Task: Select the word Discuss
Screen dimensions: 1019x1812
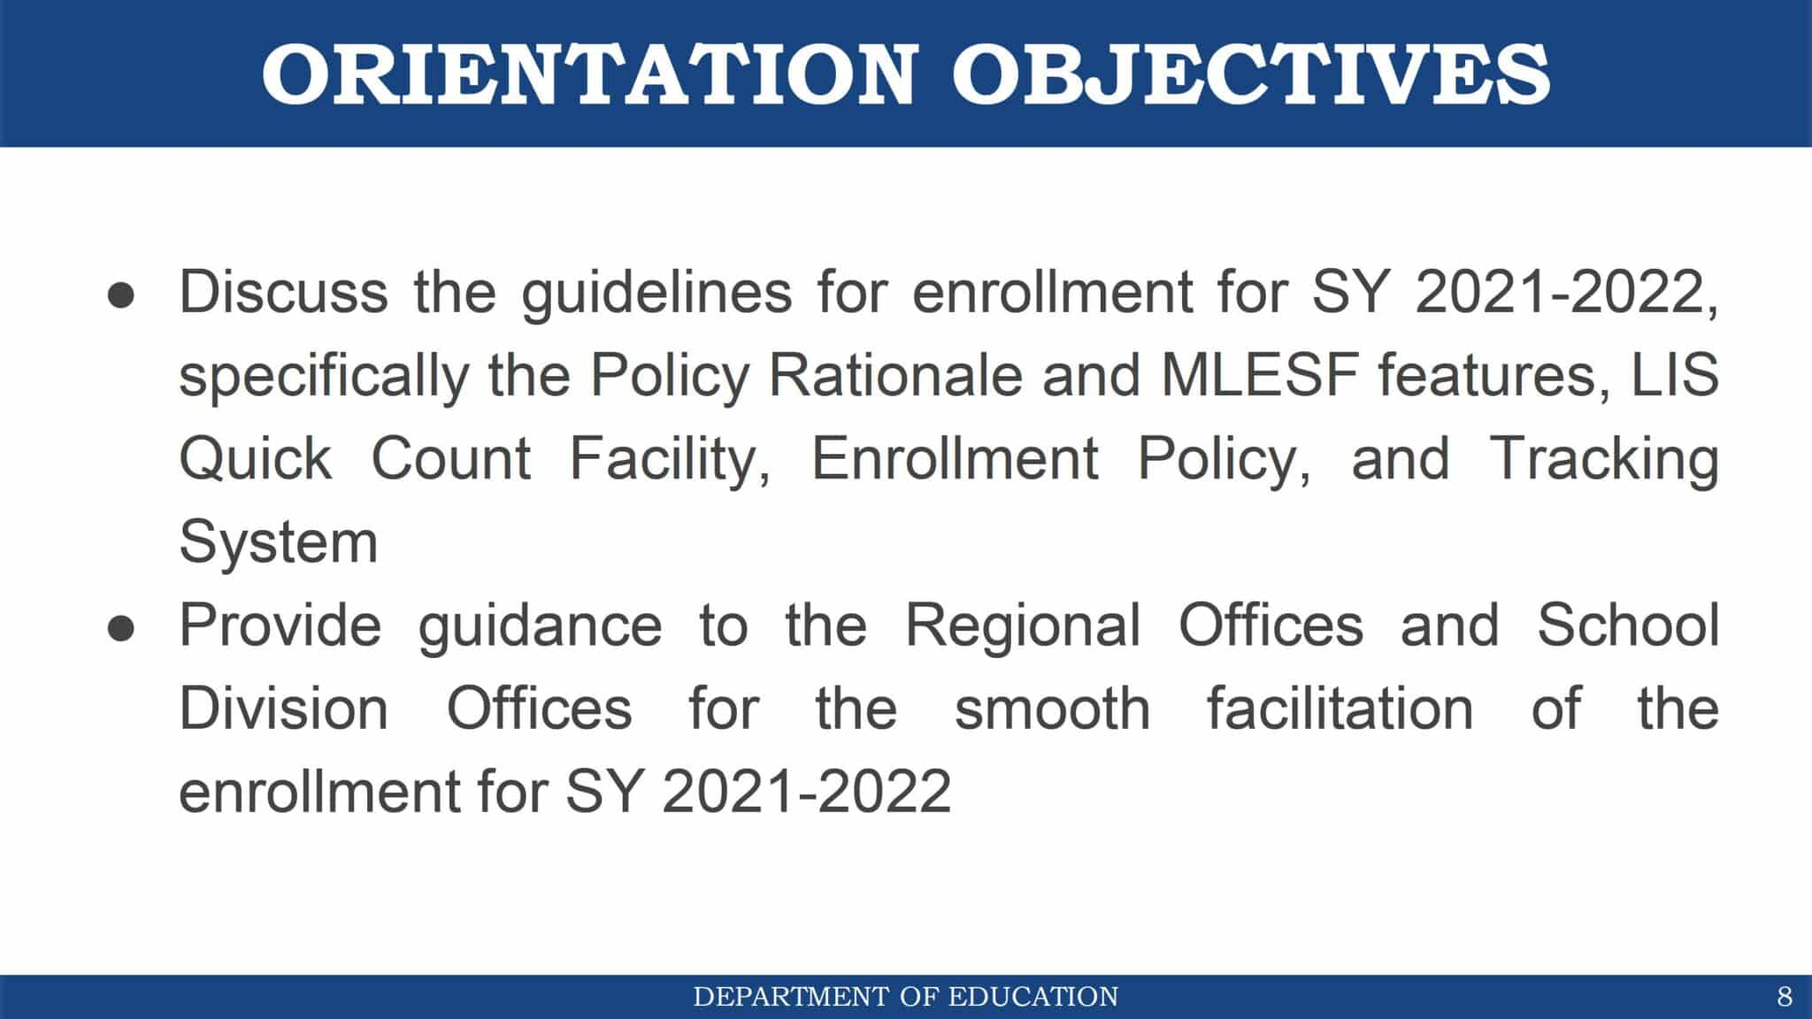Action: (283, 292)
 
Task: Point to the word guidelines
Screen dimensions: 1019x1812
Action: (656, 294)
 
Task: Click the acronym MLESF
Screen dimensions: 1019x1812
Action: (1259, 375)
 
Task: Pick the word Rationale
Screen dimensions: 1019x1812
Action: (895, 375)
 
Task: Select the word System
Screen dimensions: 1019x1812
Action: (278, 542)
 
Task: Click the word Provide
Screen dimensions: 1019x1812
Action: (280, 625)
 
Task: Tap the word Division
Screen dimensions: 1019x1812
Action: (283, 709)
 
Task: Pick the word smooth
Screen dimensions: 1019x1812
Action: (1052, 709)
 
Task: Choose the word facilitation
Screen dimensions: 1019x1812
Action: (1340, 709)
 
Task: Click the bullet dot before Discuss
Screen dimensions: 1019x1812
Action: (121, 295)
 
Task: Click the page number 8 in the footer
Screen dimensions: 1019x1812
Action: (1785, 997)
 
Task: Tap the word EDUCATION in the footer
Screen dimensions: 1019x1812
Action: (1033, 997)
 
